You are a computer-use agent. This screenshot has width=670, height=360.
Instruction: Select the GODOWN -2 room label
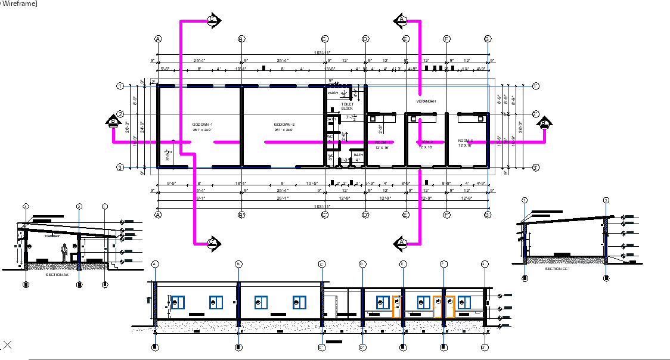[284, 124]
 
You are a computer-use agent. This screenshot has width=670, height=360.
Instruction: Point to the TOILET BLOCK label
[347, 106]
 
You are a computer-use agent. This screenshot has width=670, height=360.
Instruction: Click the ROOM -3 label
[465, 141]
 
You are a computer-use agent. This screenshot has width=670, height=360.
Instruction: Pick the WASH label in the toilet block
[333, 93]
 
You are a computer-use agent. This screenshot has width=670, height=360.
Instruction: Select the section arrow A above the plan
[401, 20]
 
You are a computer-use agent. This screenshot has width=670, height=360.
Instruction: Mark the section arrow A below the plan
[401, 243]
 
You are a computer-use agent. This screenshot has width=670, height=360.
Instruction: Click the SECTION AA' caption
[57, 275]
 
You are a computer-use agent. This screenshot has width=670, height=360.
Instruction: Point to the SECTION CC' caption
[557, 268]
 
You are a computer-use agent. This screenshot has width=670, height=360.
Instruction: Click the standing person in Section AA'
[64, 253]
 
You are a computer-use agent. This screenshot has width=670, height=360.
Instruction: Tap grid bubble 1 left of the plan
[120, 86]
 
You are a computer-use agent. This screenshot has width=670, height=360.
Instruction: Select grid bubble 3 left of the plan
[120, 167]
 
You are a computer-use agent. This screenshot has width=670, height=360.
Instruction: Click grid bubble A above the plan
[158, 39]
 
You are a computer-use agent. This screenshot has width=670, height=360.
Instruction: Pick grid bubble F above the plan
[446, 39]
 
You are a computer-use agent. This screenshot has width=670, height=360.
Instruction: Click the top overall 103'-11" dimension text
[322, 53]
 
